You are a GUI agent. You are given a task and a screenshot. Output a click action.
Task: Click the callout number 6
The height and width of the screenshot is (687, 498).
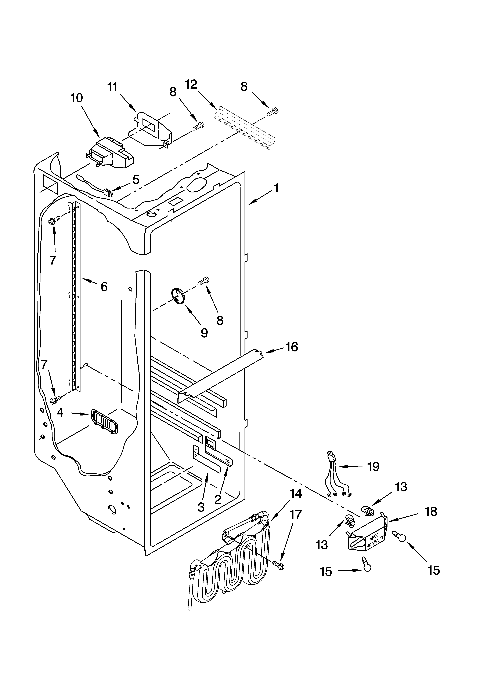pyautogui.click(x=104, y=286)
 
